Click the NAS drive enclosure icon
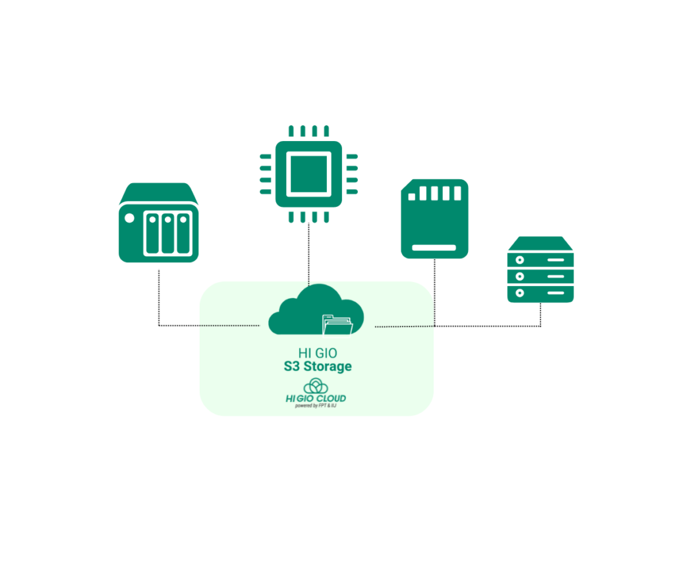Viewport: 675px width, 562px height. (x=158, y=223)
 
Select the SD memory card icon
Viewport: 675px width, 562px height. (x=434, y=218)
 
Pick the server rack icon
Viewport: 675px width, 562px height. (x=540, y=269)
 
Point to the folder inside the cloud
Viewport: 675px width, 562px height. (x=337, y=324)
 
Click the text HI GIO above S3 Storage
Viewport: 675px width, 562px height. (x=317, y=354)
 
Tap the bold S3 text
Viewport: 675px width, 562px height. (x=292, y=366)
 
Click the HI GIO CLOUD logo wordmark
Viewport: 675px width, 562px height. (x=316, y=398)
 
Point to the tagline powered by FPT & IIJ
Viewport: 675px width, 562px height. (x=316, y=406)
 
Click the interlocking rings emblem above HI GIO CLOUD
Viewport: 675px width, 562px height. (x=316, y=385)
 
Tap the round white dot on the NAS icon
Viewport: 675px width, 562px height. (x=129, y=218)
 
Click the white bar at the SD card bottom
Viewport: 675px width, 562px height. (x=434, y=248)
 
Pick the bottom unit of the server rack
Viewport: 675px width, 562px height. (x=540, y=293)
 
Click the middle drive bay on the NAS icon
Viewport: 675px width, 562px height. (x=167, y=233)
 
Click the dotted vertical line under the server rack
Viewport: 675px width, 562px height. (x=541, y=314)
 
